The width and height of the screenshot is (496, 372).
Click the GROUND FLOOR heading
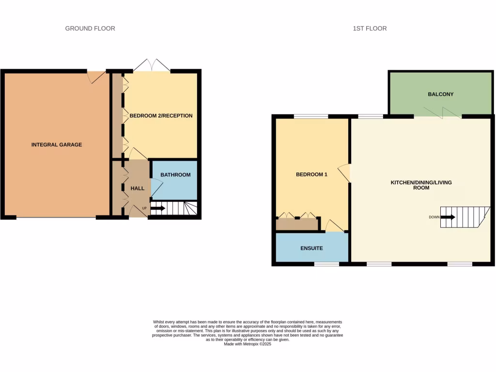point(90,29)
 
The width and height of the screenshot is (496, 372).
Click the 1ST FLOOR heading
point(370,29)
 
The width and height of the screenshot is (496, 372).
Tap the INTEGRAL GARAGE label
point(57,145)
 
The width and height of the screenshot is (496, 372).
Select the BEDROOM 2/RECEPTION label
point(161,116)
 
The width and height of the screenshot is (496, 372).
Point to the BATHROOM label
point(175,175)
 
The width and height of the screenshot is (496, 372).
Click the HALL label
point(138,188)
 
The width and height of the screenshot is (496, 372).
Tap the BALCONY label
point(440,94)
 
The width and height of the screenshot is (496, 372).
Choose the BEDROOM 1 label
point(311,174)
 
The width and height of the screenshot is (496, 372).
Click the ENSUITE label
point(311,248)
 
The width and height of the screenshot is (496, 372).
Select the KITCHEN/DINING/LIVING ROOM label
point(421,185)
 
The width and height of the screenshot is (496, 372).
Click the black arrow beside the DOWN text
point(448,217)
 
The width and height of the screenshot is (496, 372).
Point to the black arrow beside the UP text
point(158,209)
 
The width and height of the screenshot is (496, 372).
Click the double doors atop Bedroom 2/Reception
point(152,66)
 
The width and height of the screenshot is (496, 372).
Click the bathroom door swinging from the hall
point(156,188)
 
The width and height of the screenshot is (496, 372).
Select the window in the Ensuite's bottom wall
point(326,264)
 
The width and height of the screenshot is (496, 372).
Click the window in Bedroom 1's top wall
point(310,116)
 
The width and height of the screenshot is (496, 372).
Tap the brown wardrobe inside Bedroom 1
point(296,224)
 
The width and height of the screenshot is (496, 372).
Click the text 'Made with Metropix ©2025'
point(248,344)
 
